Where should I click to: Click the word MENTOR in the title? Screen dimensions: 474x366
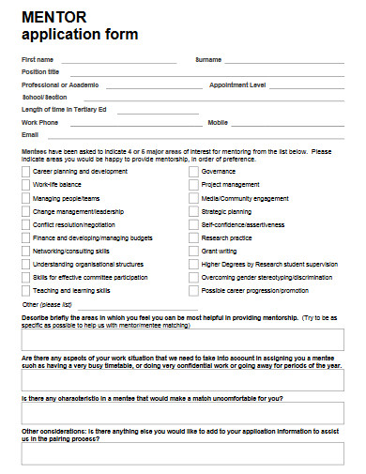coord(54,19)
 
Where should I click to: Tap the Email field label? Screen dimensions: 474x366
coord(30,135)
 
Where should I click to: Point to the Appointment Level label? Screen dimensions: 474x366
coord(237,84)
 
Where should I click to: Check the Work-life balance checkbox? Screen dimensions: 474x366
coord(26,185)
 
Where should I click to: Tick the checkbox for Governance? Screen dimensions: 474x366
coord(194,172)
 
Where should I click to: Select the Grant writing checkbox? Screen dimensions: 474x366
coord(194,252)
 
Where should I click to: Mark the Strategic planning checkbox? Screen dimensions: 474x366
coord(194,212)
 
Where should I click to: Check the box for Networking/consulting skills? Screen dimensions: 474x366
coord(26,252)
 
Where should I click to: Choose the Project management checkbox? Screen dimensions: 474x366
coord(194,185)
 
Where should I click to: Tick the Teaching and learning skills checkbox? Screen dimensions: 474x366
coord(26,291)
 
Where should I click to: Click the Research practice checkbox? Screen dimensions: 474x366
coord(194,238)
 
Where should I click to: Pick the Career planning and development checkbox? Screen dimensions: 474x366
coord(26,172)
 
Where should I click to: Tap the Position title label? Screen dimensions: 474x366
coord(40,71)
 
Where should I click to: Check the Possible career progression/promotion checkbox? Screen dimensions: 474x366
coord(194,291)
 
